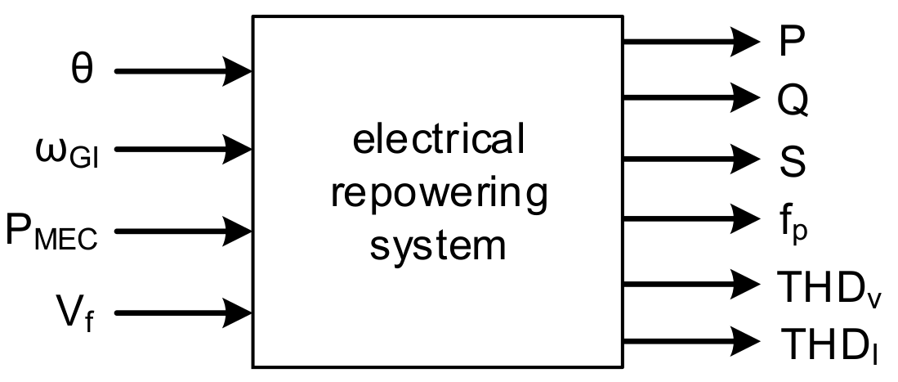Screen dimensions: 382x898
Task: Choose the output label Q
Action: pyautogui.click(x=792, y=99)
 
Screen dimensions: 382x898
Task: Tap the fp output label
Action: pyautogui.click(x=789, y=221)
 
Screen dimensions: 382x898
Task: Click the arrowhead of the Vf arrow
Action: pyautogui.click(x=238, y=312)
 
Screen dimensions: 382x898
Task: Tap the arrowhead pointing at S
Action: pyautogui.click(x=746, y=157)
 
